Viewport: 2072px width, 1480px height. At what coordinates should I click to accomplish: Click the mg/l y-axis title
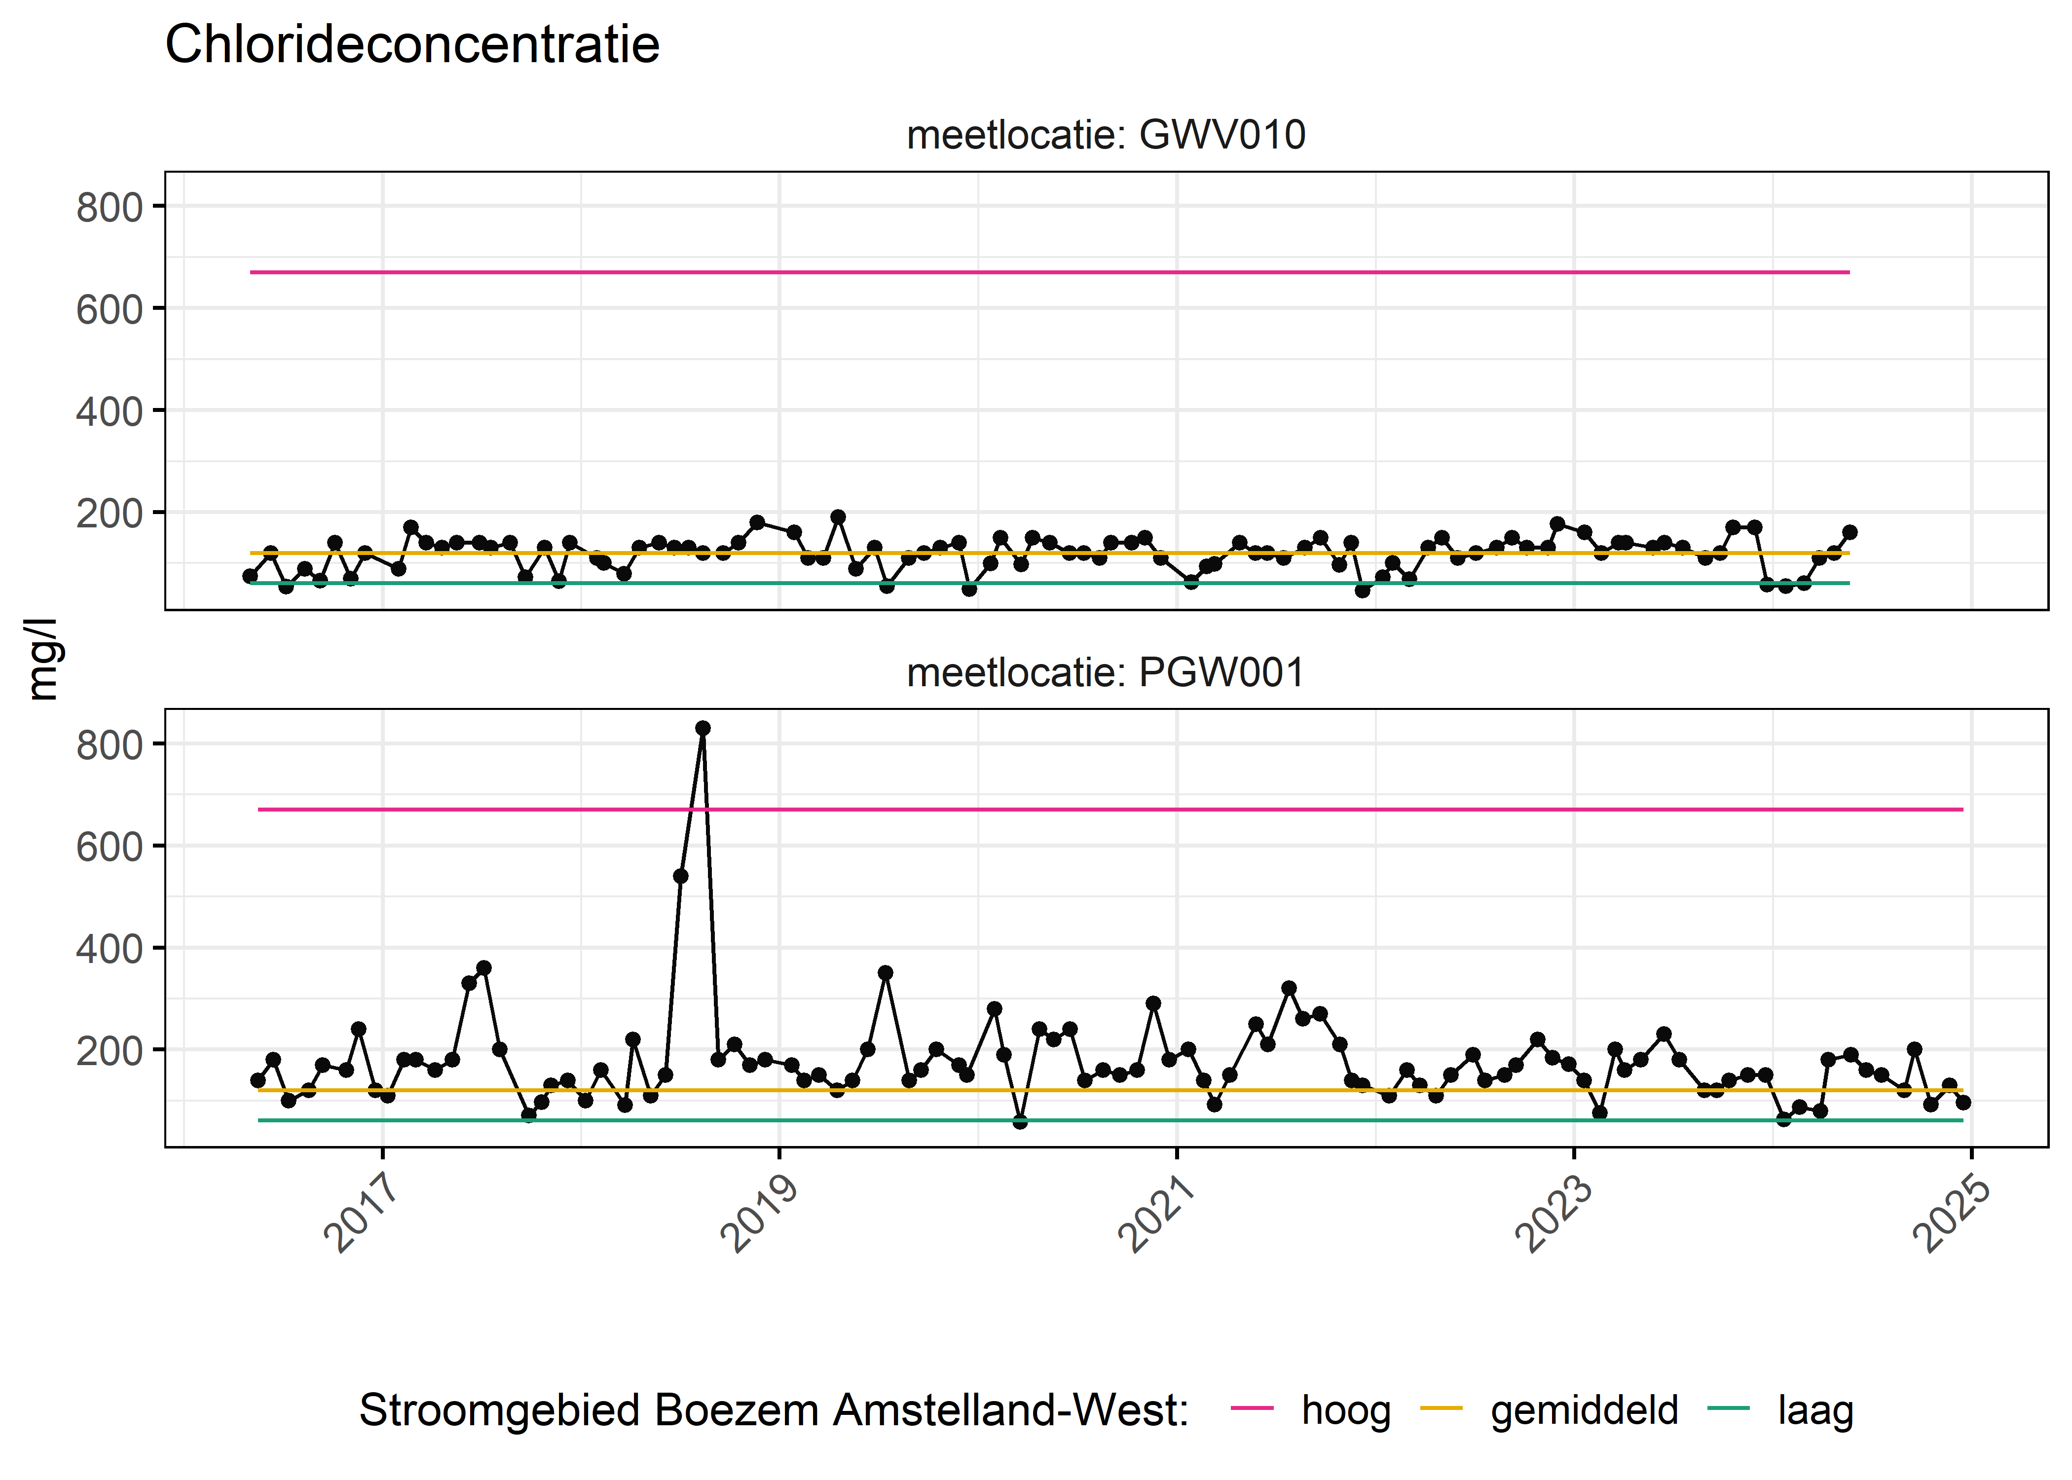(x=42, y=659)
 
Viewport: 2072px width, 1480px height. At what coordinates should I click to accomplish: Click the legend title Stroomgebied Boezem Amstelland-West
(x=774, y=1410)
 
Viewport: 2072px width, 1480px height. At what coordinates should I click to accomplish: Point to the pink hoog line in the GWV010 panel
(x=1048, y=271)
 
